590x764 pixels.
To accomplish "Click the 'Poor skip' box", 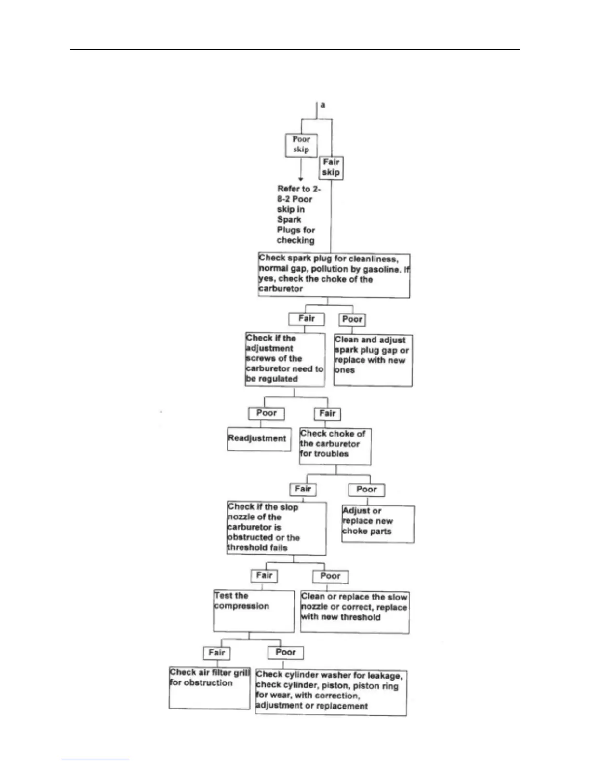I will coord(301,145).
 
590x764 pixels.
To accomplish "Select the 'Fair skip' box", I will coord(331,168).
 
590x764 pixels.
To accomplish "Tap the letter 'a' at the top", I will coord(322,105).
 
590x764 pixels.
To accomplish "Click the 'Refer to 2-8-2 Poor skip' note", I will coord(296,215).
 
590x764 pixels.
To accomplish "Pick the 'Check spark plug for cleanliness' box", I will coord(334,275).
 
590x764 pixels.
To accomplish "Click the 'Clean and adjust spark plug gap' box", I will coord(373,360).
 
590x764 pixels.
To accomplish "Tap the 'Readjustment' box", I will coord(259,439).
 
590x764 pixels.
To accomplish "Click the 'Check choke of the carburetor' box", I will coord(335,446).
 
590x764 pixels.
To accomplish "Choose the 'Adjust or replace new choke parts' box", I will coord(377,523).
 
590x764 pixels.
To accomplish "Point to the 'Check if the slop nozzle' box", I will coord(276,528).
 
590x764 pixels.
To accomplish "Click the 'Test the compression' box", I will coord(254,611).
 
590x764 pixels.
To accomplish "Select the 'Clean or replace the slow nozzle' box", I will coord(354,612).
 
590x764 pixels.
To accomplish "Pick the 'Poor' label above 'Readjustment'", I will coord(267,413).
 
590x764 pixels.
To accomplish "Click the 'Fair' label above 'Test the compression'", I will coord(264,575).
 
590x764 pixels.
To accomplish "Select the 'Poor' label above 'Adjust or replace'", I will coord(366,490).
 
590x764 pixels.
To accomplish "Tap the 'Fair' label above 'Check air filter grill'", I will coord(217,653).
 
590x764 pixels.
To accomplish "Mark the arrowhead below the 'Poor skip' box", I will coord(301,179).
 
